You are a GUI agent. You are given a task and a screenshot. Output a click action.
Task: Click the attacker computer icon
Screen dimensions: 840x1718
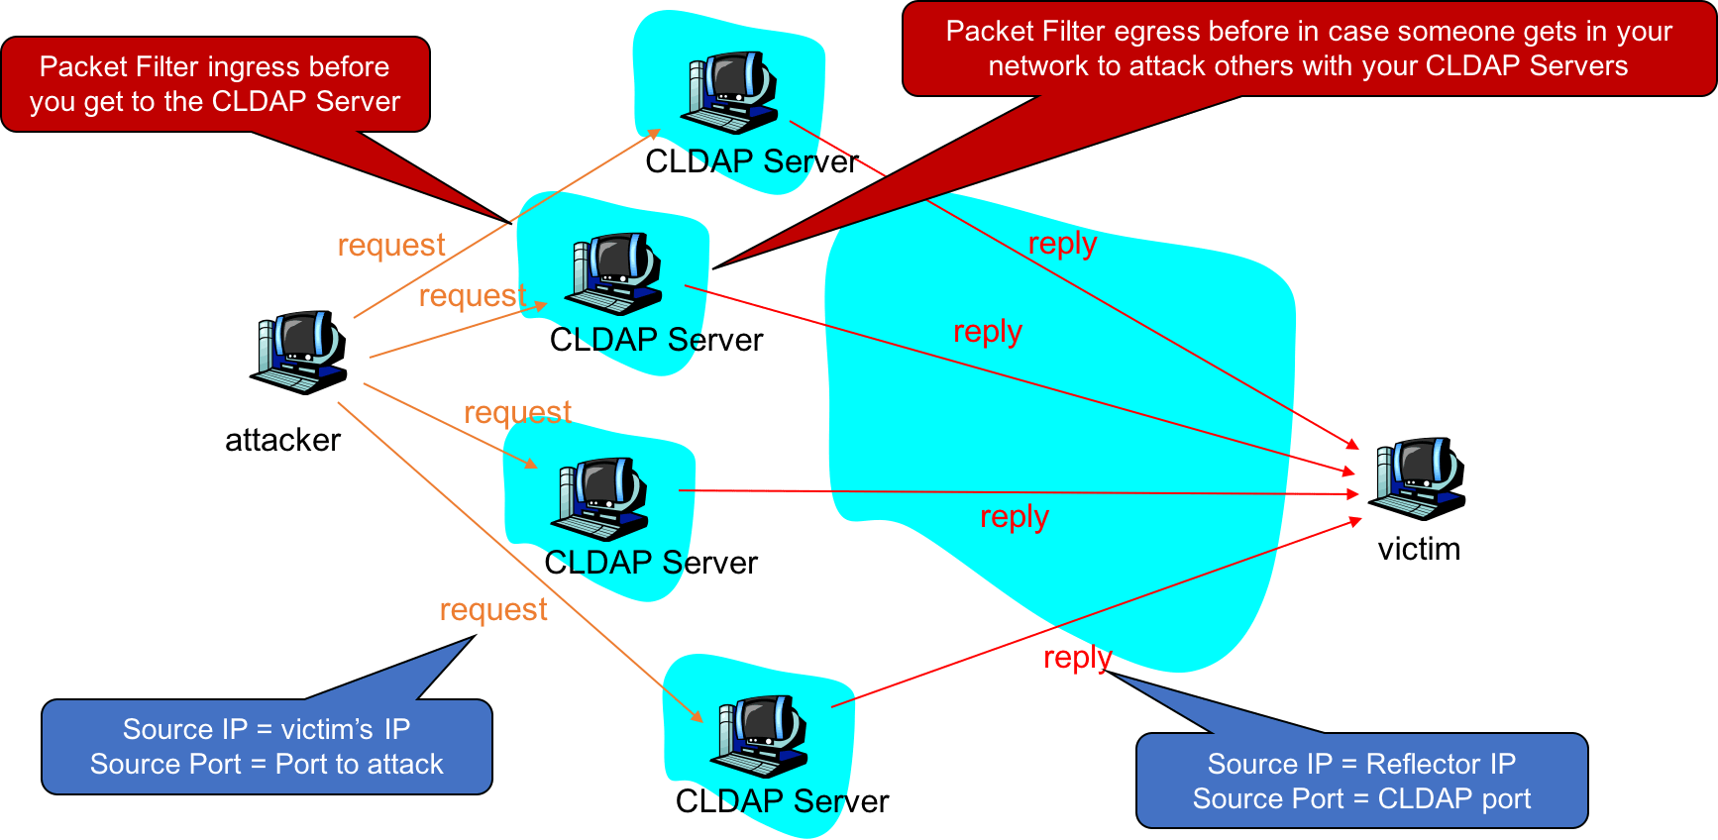299,352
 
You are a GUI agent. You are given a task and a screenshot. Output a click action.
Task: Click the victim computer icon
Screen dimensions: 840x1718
1418,478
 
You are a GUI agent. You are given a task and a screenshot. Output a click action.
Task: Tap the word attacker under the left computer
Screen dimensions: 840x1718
282,440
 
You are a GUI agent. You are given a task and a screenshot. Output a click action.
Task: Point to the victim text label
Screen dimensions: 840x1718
1419,549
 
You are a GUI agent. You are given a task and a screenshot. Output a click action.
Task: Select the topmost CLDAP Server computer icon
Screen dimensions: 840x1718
730,92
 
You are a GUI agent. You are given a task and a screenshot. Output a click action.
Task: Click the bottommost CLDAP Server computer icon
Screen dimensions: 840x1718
760,736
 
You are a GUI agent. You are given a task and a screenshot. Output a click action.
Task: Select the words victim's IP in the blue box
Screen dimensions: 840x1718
345,729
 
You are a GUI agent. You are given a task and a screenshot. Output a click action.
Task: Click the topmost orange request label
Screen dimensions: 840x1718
391,245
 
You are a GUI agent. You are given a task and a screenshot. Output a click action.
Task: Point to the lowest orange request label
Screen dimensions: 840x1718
493,610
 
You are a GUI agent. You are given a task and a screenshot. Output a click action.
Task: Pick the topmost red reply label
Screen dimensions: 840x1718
1062,244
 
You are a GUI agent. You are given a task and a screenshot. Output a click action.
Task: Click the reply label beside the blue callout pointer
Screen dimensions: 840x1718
1078,657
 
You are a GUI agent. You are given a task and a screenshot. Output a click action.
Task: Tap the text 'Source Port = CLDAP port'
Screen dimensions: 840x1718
1361,798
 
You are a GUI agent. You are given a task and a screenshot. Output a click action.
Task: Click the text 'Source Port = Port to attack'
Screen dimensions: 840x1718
267,765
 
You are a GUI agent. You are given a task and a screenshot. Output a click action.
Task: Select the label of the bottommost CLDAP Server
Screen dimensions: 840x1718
782,800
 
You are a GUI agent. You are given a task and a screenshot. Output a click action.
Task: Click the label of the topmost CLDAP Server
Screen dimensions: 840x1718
751,161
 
